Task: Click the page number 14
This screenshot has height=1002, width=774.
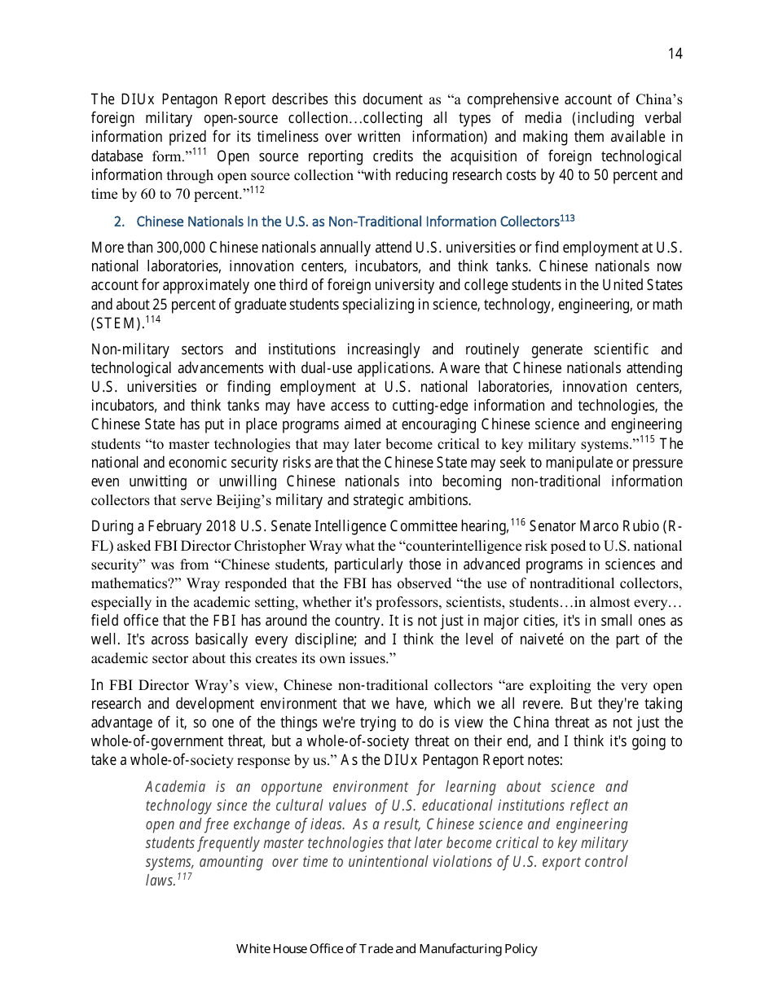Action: [x=675, y=54]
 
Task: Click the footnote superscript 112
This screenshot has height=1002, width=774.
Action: [x=257, y=189]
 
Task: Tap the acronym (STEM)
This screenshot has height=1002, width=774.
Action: [x=117, y=323]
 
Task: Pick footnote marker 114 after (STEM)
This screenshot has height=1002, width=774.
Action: [x=153, y=319]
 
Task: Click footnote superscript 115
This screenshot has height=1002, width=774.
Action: [x=648, y=440]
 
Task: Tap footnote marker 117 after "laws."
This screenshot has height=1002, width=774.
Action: [x=185, y=877]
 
